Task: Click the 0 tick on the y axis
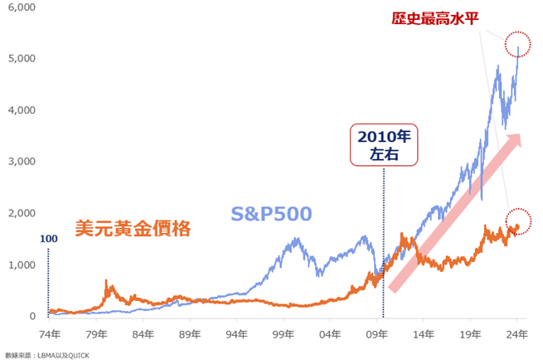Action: point(32,316)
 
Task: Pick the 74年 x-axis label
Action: point(50,335)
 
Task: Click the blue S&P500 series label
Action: point(271,214)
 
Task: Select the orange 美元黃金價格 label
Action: point(133,227)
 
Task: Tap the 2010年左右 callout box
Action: point(384,144)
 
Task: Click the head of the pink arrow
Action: point(515,140)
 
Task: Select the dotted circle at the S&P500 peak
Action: point(519,50)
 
